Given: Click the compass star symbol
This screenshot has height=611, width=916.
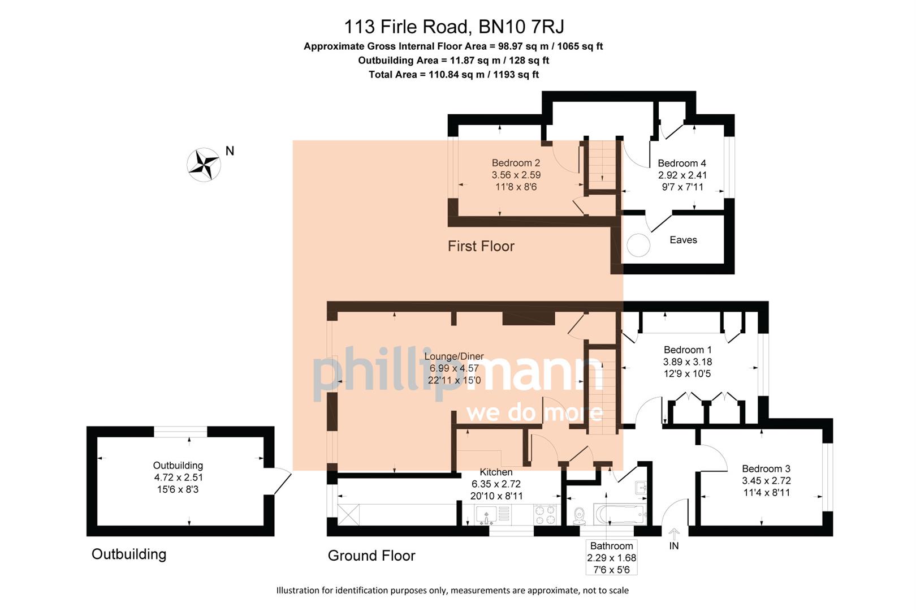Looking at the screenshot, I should pyautogui.click(x=204, y=165).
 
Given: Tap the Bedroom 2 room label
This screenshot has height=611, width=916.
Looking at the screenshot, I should pyautogui.click(x=516, y=163).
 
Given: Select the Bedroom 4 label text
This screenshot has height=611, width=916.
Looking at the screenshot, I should pyautogui.click(x=681, y=163).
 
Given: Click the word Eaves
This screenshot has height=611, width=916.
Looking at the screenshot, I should pyautogui.click(x=683, y=240).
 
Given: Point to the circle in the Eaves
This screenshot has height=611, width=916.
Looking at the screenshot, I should pyautogui.click(x=638, y=246).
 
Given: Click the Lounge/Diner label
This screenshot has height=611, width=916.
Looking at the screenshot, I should pyautogui.click(x=454, y=356).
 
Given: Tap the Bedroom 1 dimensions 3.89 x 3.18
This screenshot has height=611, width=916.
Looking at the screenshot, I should pyautogui.click(x=687, y=362).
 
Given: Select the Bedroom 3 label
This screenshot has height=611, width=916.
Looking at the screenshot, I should pyautogui.click(x=766, y=469).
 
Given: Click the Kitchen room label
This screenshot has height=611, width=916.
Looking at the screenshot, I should pyautogui.click(x=496, y=472).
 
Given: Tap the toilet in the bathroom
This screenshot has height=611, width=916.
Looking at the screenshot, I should pyautogui.click(x=579, y=515).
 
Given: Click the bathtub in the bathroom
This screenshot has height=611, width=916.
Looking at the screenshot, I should pyautogui.click(x=620, y=515).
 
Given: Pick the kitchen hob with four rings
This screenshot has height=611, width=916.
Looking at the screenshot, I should pyautogui.click(x=545, y=514).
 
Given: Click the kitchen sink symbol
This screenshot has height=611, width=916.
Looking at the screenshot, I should pyautogui.click(x=486, y=514).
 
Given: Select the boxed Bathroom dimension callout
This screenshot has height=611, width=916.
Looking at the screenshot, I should pyautogui.click(x=611, y=557).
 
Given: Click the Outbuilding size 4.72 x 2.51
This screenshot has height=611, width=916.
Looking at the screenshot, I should pyautogui.click(x=178, y=477).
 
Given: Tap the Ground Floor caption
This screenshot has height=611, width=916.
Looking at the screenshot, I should pyautogui.click(x=371, y=556).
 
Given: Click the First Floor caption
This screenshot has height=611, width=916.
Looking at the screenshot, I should pyautogui.click(x=481, y=247).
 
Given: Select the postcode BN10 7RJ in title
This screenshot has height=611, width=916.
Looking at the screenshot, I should pyautogui.click(x=521, y=27).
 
